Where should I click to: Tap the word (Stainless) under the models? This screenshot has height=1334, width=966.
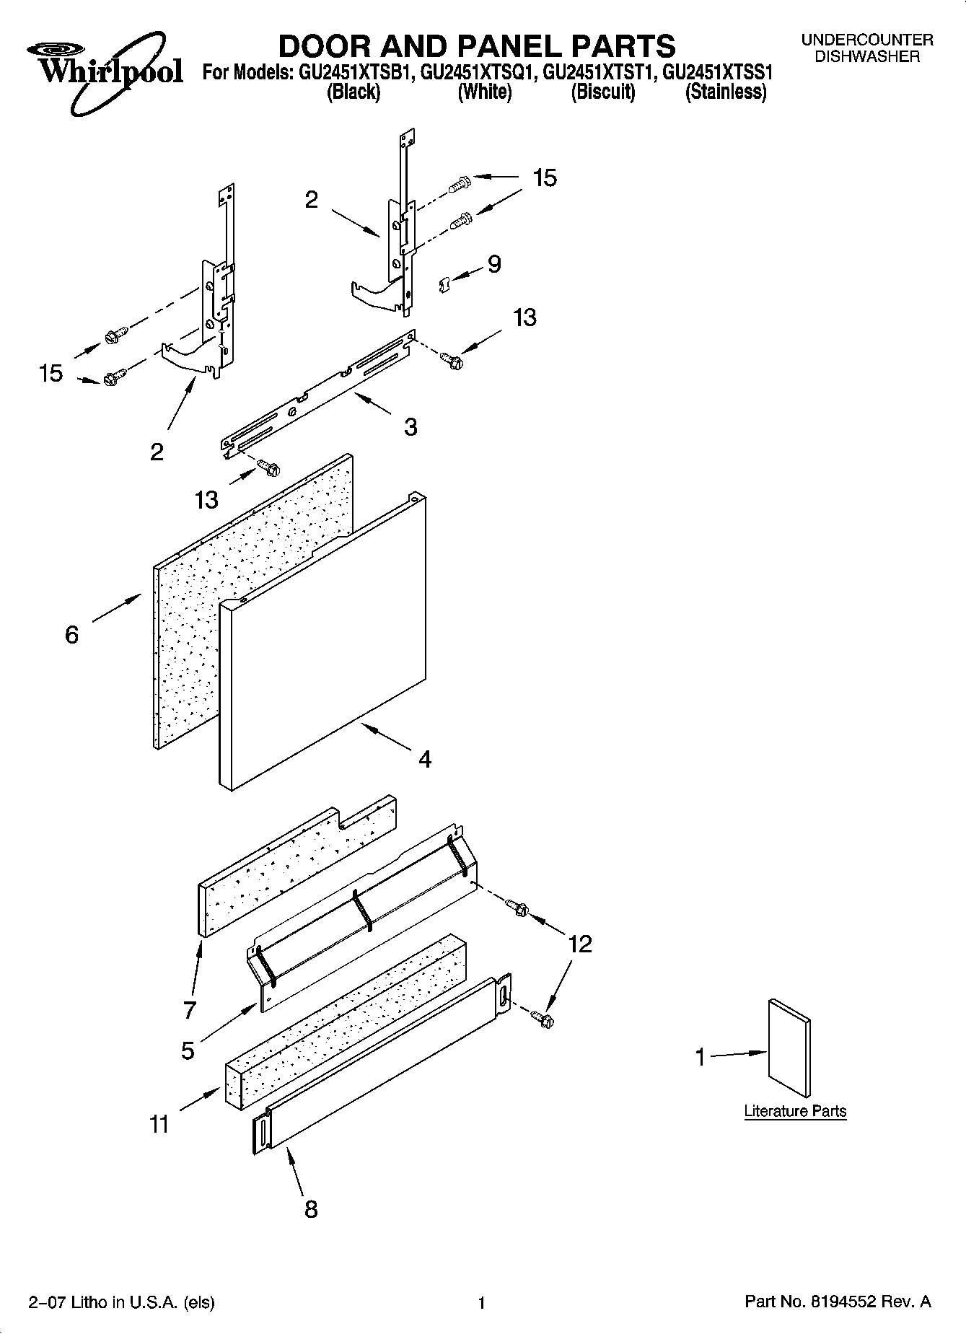pos(725,92)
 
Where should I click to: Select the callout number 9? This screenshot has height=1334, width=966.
pos(494,265)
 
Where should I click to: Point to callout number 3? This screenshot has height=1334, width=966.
pos(410,427)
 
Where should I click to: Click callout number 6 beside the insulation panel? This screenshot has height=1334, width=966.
pos(71,635)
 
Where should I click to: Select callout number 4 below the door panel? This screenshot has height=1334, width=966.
pos(425,759)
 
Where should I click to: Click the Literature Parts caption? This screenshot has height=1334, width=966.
pos(795,1111)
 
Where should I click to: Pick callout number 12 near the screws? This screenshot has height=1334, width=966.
pos(579,944)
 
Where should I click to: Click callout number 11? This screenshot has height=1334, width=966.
pos(159,1124)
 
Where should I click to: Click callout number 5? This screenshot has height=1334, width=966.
pos(188,1051)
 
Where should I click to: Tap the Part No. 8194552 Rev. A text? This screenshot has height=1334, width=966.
pos(837,1302)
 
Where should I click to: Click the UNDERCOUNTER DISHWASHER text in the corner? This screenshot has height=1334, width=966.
pos(866,48)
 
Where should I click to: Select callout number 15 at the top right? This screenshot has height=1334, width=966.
pos(545,178)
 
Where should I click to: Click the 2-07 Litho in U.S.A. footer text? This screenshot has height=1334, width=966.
pos(121,1302)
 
